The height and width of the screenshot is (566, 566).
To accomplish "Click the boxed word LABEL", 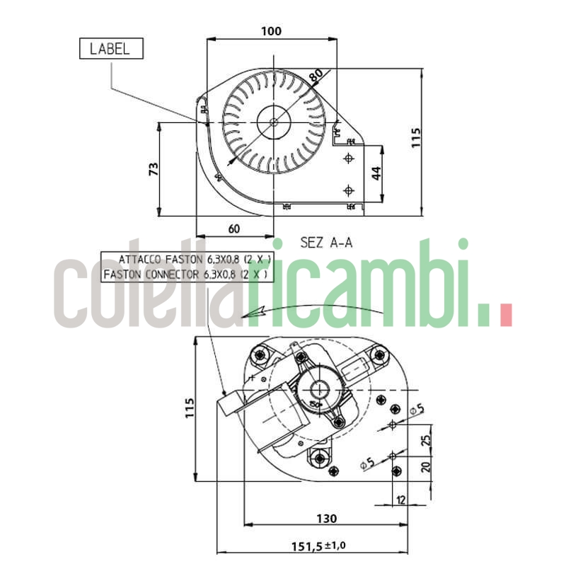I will [110, 49].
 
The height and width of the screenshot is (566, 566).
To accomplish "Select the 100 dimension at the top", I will [271, 31].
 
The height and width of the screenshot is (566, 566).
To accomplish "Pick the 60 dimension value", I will [235, 228].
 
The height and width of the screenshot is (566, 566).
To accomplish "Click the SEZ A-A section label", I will [326, 243].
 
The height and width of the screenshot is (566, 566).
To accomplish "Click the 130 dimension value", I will [326, 519].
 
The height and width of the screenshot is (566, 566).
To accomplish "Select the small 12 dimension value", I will [401, 500].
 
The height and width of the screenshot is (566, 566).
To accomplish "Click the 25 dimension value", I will [424, 441].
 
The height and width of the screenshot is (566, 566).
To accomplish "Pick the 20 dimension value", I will [424, 467].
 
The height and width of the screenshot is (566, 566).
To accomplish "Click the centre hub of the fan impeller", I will [273, 122].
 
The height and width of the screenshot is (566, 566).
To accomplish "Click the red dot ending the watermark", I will [505, 316].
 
